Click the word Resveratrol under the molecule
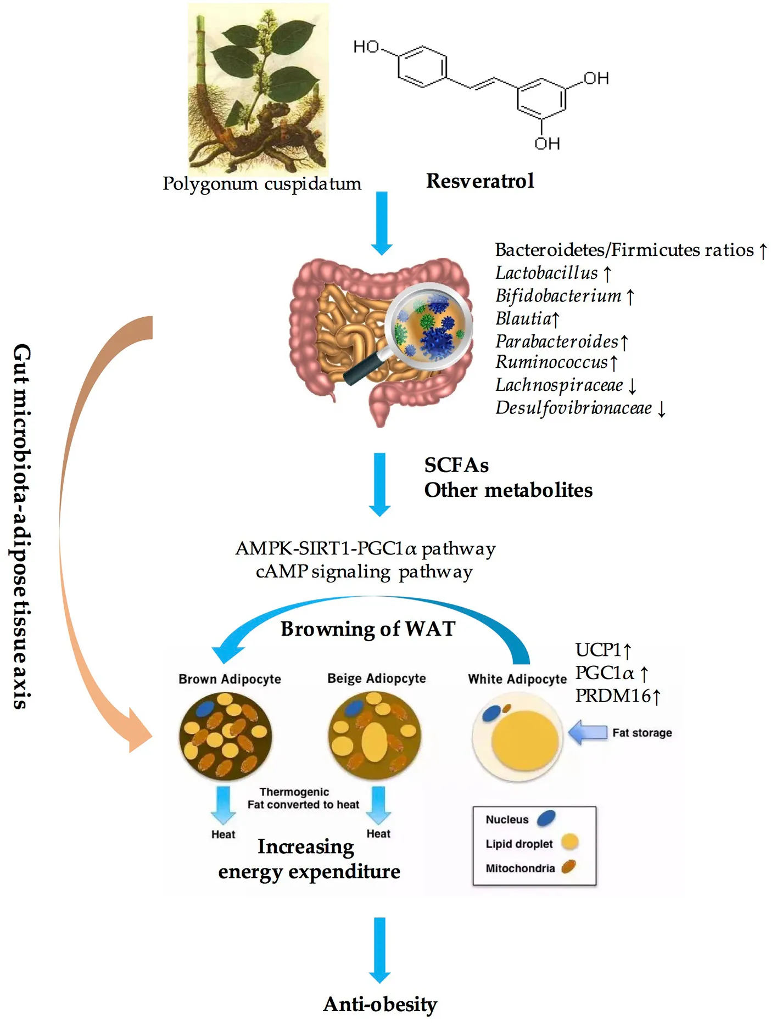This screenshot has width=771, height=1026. point(480,181)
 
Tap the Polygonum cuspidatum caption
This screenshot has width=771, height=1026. point(262,184)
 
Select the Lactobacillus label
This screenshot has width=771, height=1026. point(546,273)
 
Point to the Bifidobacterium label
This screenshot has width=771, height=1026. point(558,296)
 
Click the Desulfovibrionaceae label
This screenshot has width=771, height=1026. point(574,408)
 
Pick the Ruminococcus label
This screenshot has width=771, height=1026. point(551,362)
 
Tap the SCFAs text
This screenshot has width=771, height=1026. point(456,466)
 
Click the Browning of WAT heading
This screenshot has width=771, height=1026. point(368,629)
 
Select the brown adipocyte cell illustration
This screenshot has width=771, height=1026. point(225,736)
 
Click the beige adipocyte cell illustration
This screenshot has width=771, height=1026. point(375,736)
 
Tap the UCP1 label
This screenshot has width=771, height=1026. point(598,650)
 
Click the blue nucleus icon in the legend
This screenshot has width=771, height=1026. point(546,818)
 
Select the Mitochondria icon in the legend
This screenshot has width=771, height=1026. point(568,867)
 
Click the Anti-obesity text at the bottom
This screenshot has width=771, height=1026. point(380,1005)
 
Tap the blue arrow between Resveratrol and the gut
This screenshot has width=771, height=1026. point(382,223)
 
